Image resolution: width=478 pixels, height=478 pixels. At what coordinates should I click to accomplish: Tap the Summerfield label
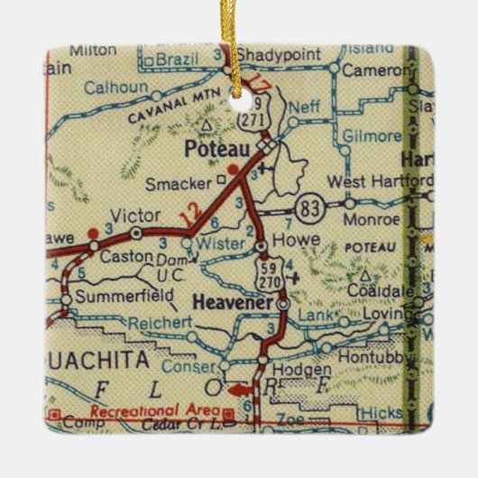(x=113, y=295)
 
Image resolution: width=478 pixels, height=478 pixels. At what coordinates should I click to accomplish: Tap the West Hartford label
(x=379, y=180)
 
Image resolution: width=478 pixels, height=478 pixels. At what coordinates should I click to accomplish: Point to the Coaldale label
(x=378, y=291)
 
